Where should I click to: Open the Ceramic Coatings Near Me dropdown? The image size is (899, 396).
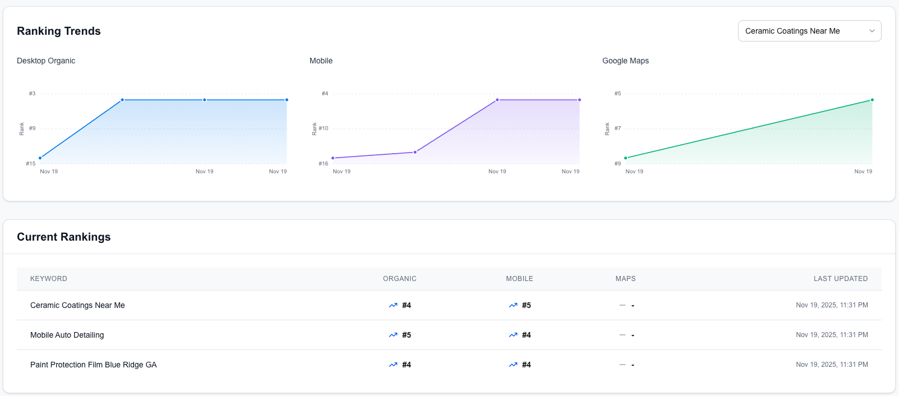coord(809,31)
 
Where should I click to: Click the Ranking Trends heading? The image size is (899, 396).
coord(59,31)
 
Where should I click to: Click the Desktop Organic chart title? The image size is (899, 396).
coord(46,61)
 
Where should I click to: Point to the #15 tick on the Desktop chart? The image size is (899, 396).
coord(31,164)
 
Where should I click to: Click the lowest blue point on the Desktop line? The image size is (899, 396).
coord(40,158)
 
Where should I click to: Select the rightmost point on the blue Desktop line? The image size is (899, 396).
coord(287,100)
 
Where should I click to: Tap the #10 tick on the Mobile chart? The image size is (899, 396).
coord(324,128)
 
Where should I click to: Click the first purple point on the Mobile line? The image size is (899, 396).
coord(333,158)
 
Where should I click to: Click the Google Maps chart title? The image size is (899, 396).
coord(625,61)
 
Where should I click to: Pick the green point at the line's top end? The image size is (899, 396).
coord(872,100)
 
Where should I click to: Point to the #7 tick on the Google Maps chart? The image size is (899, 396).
coord(617,128)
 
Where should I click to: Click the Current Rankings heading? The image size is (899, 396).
coord(64,237)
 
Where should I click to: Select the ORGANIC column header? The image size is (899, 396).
coord(399,279)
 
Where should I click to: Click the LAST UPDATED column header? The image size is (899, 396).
coord(841,279)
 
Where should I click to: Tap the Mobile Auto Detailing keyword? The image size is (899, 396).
coord(67,335)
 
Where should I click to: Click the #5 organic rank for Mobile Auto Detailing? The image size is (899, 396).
coord(407,335)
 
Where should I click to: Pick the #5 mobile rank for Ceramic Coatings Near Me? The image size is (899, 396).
coord(526,305)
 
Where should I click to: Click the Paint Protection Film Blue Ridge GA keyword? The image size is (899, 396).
coord(94,365)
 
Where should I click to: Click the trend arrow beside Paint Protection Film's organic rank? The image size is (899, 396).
coord(393,365)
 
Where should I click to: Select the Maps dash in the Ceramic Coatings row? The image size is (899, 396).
coord(633,306)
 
